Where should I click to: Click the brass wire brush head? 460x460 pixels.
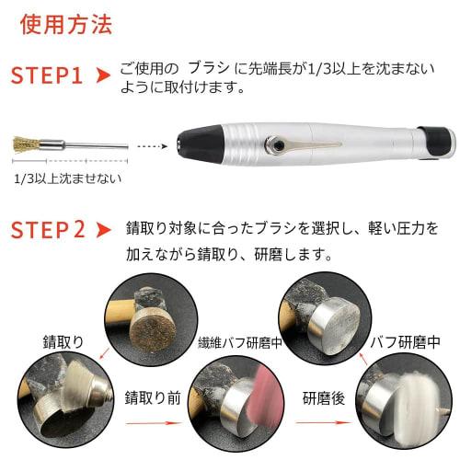[26, 144]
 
